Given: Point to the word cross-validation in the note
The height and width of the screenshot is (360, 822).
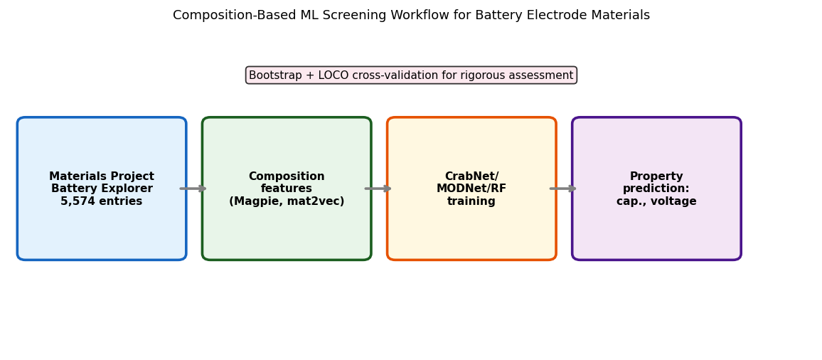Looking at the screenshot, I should coord(403,75).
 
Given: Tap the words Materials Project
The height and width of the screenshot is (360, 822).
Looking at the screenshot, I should coord(102,176).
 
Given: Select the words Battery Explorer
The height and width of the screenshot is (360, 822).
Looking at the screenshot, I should coord(102,189).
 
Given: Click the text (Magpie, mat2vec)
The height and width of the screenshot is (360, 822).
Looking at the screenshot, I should coord(287,201).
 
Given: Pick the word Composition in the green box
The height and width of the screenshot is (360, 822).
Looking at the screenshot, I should coord(287,176).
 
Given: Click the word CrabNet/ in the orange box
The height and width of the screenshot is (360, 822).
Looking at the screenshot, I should coord(471,176).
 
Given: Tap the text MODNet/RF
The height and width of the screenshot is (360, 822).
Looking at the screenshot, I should coord(471,189).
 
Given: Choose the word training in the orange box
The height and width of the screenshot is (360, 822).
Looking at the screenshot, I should coord(471,201).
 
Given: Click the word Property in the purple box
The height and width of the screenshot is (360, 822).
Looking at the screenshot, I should coord(656,176).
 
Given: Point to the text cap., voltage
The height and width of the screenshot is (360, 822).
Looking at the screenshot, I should coord(656,201).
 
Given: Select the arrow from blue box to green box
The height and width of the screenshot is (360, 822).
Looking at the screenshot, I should coord(193,189).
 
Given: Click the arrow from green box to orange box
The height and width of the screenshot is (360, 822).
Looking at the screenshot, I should coord(378,189).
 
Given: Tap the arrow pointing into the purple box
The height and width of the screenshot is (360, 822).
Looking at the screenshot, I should coord(563,189).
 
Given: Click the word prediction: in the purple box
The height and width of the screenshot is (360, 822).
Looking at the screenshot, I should coord(656,189).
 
